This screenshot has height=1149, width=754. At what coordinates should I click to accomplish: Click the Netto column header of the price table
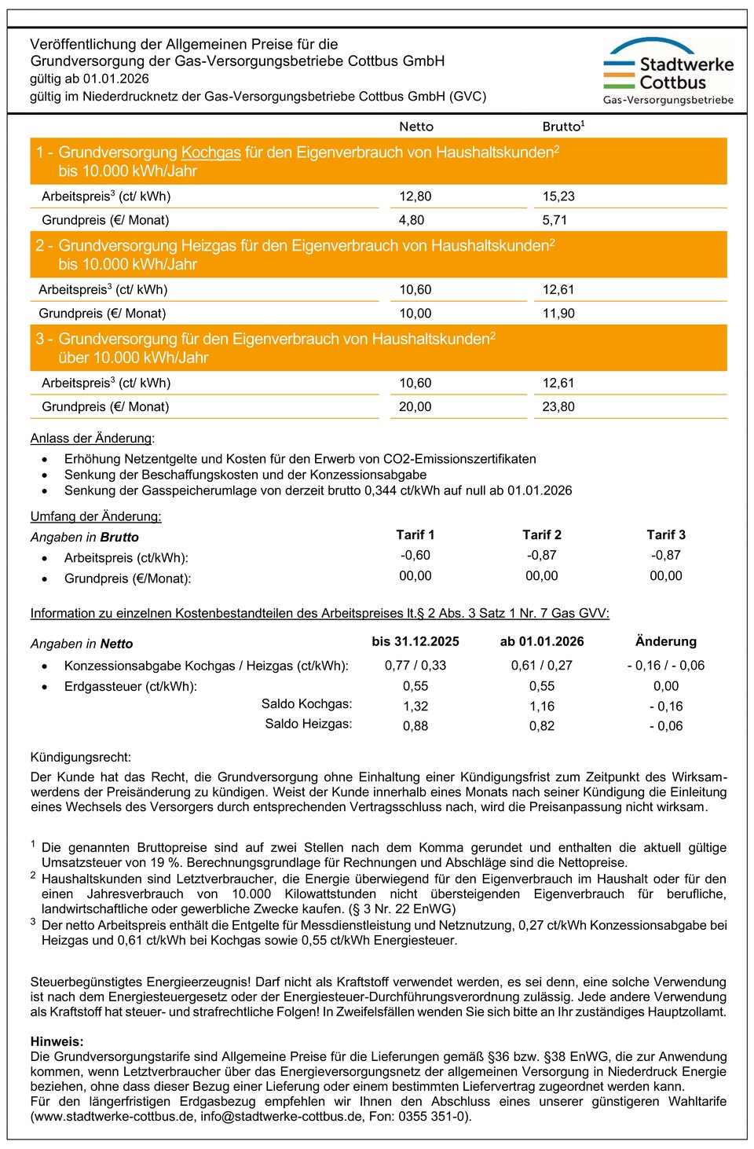pyautogui.click(x=416, y=127)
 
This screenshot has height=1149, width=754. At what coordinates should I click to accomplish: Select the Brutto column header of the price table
pyautogui.click(x=562, y=127)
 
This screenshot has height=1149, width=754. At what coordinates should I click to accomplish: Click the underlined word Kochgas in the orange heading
pyautogui.click(x=210, y=152)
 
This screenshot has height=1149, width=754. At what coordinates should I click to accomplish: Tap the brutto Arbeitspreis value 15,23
pyautogui.click(x=558, y=196)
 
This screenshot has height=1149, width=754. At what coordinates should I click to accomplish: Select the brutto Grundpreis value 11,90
pyautogui.click(x=558, y=314)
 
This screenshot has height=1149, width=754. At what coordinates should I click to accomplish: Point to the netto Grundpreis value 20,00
pyautogui.click(x=415, y=407)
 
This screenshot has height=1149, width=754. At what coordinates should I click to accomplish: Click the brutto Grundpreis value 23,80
pyautogui.click(x=558, y=407)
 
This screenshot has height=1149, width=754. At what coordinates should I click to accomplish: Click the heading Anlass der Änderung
pyautogui.click(x=92, y=439)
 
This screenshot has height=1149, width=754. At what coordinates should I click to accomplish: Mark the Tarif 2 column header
pyautogui.click(x=542, y=535)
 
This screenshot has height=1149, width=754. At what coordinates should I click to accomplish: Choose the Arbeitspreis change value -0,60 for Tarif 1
pyautogui.click(x=415, y=556)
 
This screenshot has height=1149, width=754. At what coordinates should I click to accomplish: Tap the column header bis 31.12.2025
pyautogui.click(x=415, y=641)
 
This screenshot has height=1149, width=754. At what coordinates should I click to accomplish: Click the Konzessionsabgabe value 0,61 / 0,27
pyautogui.click(x=542, y=666)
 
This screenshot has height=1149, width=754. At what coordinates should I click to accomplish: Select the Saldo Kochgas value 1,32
pyautogui.click(x=415, y=707)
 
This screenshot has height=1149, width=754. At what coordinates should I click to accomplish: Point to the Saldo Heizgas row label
pyautogui.click(x=308, y=724)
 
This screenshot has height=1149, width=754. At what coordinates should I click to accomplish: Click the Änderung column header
pyautogui.click(x=666, y=641)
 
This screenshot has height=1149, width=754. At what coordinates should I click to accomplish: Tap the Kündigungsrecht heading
pyautogui.click(x=81, y=758)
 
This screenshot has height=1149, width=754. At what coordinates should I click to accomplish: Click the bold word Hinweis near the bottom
pyautogui.click(x=57, y=1041)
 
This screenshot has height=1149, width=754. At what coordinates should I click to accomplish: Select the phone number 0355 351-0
pyautogui.click(x=435, y=1116)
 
